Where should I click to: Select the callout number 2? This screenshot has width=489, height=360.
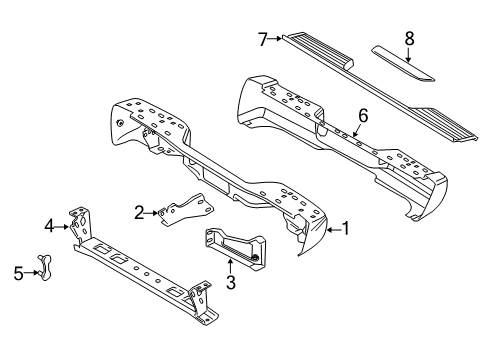click(141, 211)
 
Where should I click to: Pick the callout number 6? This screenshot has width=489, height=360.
click(363, 116)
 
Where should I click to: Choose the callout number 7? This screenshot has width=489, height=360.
click(263, 39)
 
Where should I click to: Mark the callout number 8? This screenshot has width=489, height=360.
click(408, 39)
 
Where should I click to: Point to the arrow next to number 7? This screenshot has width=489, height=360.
click(277, 39)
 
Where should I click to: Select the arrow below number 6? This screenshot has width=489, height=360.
click(358, 130)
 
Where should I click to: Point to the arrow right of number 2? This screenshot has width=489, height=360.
click(155, 211)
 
